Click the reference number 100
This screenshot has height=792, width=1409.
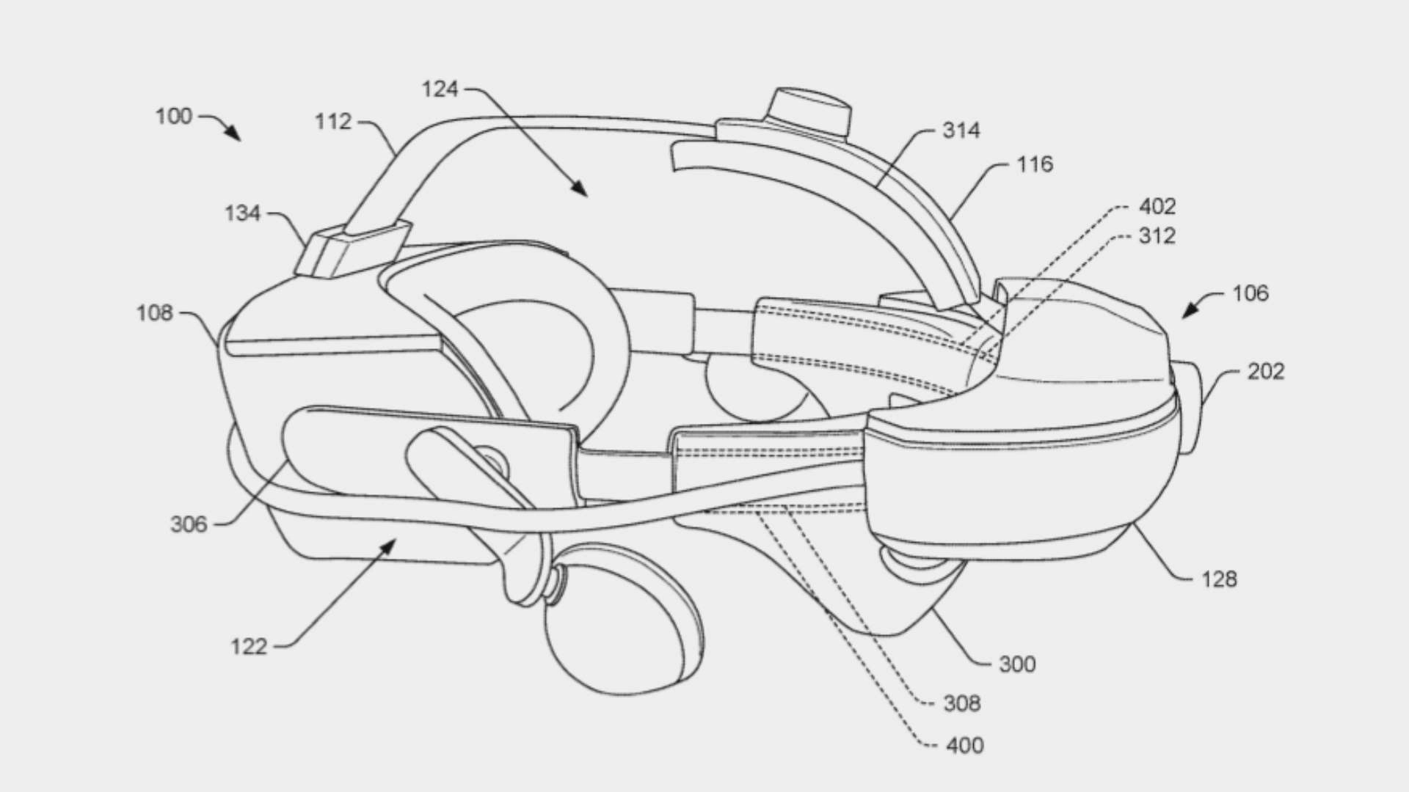[x=173, y=117]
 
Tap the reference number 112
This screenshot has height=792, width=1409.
[x=333, y=122]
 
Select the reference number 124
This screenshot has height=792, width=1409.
[x=440, y=89]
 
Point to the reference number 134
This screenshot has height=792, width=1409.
[x=242, y=213]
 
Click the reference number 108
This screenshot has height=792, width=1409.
[x=154, y=313]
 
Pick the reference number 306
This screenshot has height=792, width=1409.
[x=189, y=524]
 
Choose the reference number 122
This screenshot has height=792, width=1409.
[x=249, y=647]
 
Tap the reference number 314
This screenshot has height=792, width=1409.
[x=961, y=131]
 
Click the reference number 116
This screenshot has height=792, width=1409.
[x=1035, y=164]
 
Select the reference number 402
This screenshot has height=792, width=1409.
[x=1157, y=207]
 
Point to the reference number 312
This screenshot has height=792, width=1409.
[x=1157, y=236]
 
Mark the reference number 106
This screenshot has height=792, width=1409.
[x=1250, y=293]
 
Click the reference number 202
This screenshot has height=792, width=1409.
[x=1266, y=371]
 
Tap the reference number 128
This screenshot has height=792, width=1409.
[x=1219, y=579]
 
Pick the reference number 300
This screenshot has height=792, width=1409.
[x=1018, y=664]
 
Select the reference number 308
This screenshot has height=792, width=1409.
[x=962, y=704]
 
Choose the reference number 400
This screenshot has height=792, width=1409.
[x=965, y=746]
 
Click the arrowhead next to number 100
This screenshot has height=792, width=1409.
[x=233, y=134]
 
